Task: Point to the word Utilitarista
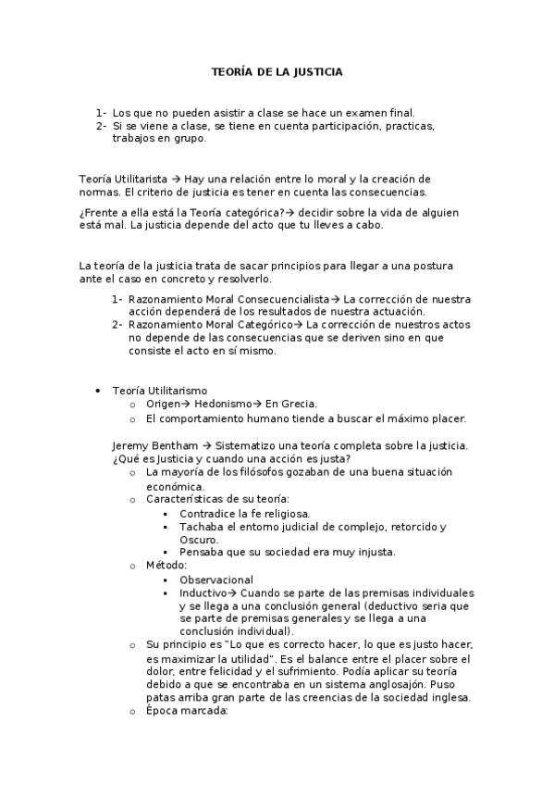point(139,179)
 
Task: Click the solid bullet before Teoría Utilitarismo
point(97,391)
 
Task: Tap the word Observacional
point(216,579)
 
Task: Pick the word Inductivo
point(201,592)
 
